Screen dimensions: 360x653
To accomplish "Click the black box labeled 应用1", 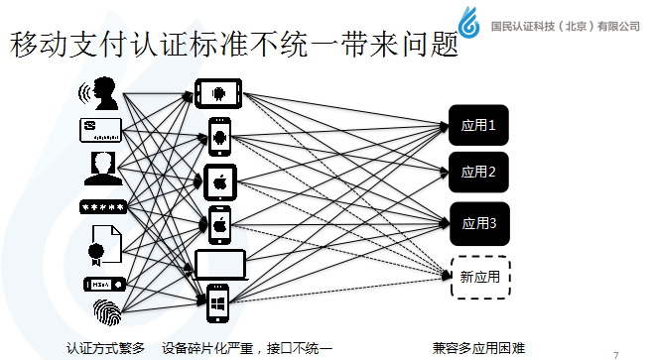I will [x=479, y=125].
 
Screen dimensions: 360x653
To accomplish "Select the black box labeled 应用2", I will [x=479, y=172].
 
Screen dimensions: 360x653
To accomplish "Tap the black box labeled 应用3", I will [x=479, y=222].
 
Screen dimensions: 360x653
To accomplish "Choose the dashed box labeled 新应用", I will [x=479, y=275].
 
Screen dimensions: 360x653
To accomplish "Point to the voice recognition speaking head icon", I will [x=101, y=95].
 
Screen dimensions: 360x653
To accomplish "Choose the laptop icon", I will [x=219, y=264].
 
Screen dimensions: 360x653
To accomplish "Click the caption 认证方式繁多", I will [x=105, y=347].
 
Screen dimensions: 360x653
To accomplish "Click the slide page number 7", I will [x=616, y=352].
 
